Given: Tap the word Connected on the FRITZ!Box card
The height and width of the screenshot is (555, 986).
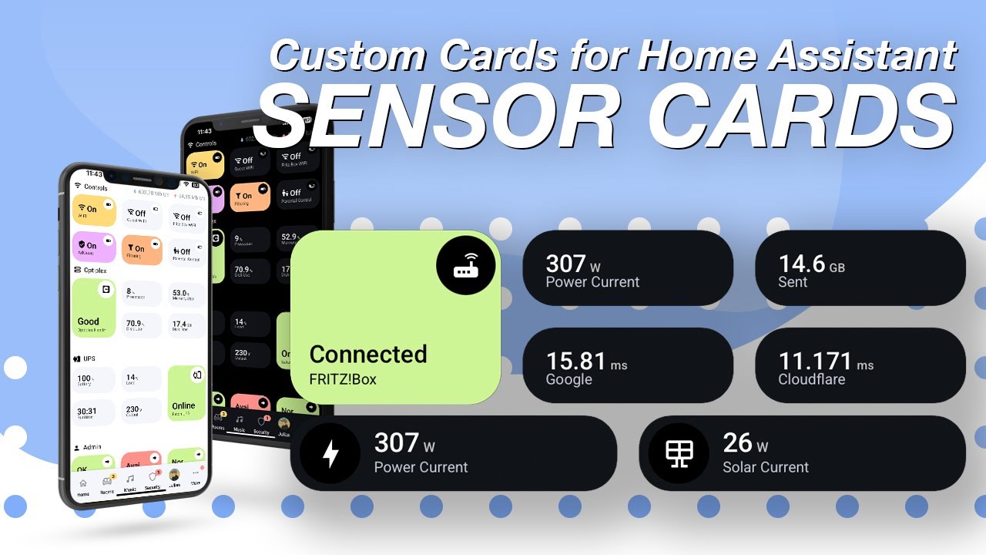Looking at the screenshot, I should pos(368,354).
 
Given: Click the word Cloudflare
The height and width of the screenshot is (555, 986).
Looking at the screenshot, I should pos(811,379).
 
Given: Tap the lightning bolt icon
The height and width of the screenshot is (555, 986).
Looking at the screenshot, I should pos(330,453).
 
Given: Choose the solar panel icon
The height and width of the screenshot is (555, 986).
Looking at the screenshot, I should pos(679,453).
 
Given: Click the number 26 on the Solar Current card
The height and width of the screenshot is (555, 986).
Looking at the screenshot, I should pos(737,442).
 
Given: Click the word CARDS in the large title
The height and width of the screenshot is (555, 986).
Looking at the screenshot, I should pos(801,118).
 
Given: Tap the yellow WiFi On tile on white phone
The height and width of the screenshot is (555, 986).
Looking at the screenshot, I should pos(94,210).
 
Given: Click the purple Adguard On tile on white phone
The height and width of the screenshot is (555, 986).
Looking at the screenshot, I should pos(93,247).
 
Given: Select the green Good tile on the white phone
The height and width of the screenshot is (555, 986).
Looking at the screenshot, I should pos(93,308).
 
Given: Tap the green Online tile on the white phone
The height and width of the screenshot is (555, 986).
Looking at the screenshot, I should pos(186,393).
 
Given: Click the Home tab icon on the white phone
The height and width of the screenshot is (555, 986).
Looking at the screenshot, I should pos(83,486).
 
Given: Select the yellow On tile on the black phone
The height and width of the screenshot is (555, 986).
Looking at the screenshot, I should pos(203,164).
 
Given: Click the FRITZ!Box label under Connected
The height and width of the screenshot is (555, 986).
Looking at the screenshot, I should pos(343,379).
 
